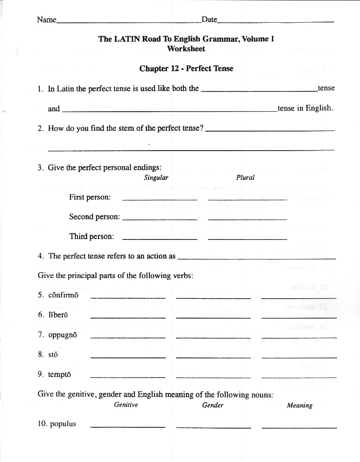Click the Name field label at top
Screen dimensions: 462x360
(47, 19)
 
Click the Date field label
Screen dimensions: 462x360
(209, 19)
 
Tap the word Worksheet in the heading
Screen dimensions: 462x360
(186, 49)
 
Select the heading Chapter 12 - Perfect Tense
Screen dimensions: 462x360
(186, 69)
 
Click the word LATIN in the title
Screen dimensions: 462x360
(127, 39)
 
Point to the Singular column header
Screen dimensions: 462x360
(156, 178)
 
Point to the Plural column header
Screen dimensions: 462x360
(245, 178)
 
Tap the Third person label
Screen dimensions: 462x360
(91, 236)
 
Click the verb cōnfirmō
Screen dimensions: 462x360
(63, 295)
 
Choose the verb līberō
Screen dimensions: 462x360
(58, 315)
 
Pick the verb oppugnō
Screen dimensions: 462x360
(63, 335)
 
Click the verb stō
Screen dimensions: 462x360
(53, 355)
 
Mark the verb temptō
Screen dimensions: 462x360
(60, 374)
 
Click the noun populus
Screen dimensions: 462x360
(63, 424)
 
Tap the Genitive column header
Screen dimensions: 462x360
(126, 405)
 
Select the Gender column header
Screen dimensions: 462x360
(213, 405)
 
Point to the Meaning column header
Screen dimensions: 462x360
(299, 405)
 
